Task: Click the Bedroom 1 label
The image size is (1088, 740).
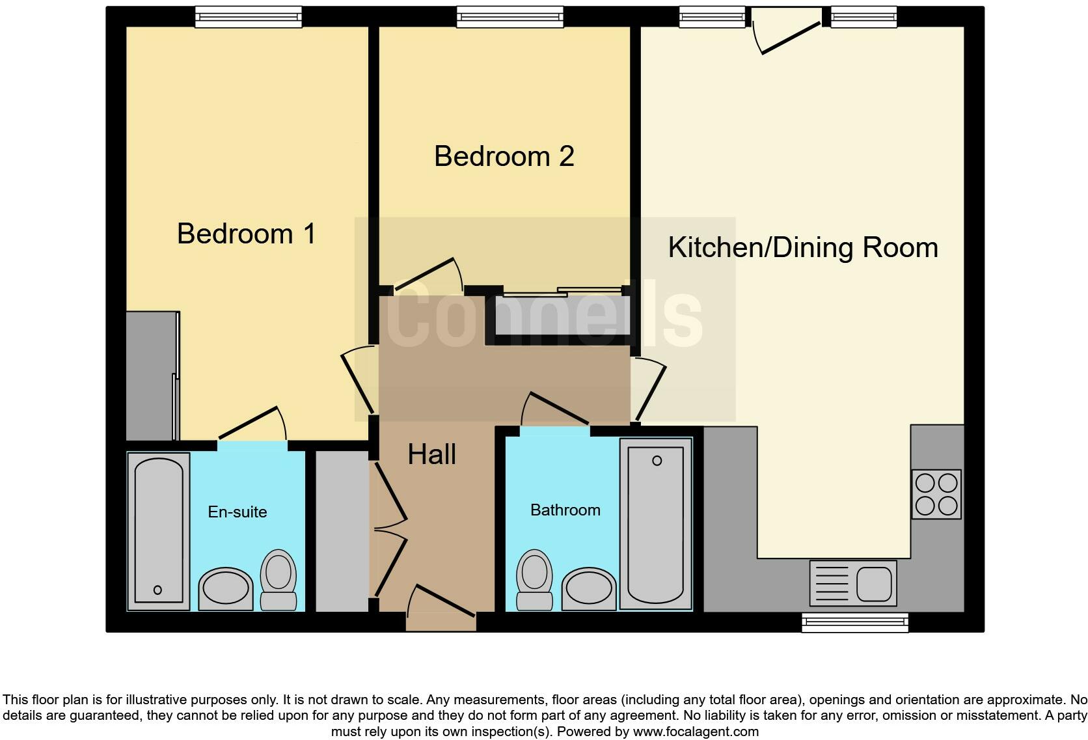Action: (x=246, y=234)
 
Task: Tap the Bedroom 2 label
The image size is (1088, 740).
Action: (x=504, y=156)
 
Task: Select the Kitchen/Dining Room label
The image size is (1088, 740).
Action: (x=802, y=248)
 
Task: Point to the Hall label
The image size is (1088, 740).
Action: (x=431, y=454)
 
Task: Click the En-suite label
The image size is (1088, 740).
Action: (x=237, y=512)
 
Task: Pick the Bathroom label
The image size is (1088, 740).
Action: (x=565, y=510)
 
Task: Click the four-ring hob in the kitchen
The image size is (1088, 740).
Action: (x=936, y=494)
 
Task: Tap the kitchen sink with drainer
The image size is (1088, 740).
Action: (x=852, y=582)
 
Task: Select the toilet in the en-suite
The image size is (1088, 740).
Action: (x=279, y=579)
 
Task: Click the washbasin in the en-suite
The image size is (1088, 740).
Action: (x=225, y=589)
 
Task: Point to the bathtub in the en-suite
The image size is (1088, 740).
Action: (x=158, y=531)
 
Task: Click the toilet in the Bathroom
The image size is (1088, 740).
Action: (x=534, y=579)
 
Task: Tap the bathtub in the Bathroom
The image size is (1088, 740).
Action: (x=655, y=524)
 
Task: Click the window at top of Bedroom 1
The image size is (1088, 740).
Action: (x=248, y=17)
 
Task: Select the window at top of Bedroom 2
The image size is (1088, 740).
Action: (x=510, y=17)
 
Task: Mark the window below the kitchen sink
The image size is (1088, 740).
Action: (x=854, y=623)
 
